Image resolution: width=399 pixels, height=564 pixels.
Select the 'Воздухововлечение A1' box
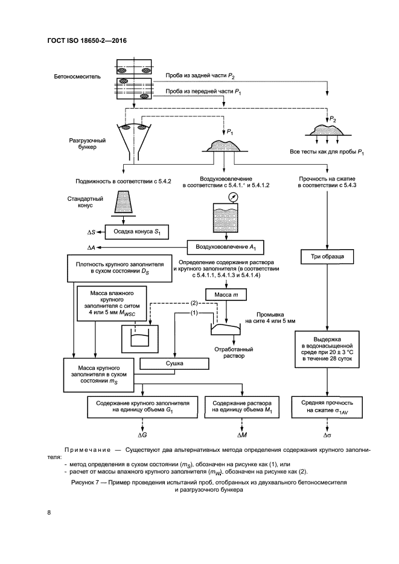coord(226,247)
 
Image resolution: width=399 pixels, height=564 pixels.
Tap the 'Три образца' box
coord(327,257)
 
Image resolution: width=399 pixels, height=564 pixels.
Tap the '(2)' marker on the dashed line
coord(194,302)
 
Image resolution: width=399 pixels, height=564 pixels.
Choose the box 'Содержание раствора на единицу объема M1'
coord(240,406)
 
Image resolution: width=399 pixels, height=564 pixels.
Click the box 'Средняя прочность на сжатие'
coord(327,406)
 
